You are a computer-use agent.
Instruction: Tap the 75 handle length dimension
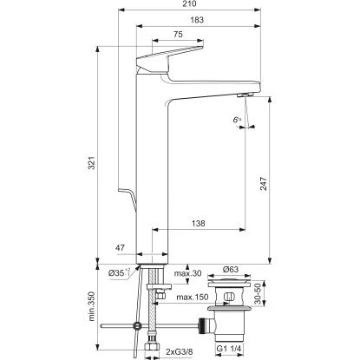pos(178,36)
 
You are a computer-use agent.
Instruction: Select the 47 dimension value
pos(121,248)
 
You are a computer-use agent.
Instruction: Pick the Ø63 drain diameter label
pos(231,269)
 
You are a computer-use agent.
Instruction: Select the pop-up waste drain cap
pos(231,284)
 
